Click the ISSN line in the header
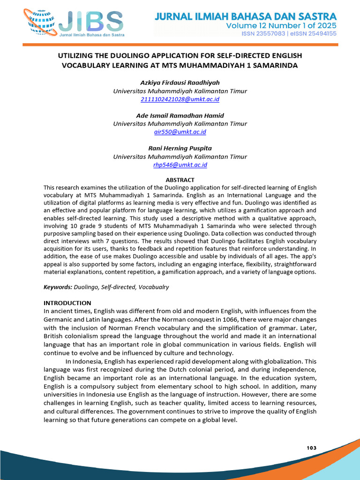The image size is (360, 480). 289,34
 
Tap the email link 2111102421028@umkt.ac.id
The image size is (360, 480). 180,99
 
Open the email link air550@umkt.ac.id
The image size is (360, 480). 180,132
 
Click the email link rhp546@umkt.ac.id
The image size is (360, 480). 180,165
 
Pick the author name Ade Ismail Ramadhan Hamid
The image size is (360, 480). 180,115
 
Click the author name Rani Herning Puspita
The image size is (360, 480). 180,148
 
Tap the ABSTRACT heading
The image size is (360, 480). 180,180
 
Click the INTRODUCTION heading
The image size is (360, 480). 67,303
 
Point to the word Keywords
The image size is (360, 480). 57,286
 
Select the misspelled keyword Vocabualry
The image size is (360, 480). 154,286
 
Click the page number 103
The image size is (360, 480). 312,448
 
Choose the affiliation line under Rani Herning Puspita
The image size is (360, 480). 180,157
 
